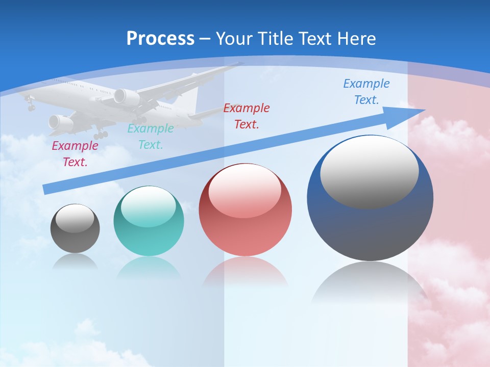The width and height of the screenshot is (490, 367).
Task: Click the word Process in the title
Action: click(160, 39)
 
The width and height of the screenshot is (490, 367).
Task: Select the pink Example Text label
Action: click(75, 154)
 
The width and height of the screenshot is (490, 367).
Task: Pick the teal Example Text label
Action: click(150, 137)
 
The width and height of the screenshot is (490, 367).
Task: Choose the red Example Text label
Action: click(247, 116)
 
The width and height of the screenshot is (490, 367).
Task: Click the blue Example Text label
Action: click(366, 92)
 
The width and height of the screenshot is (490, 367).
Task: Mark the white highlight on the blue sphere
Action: click(369, 171)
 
